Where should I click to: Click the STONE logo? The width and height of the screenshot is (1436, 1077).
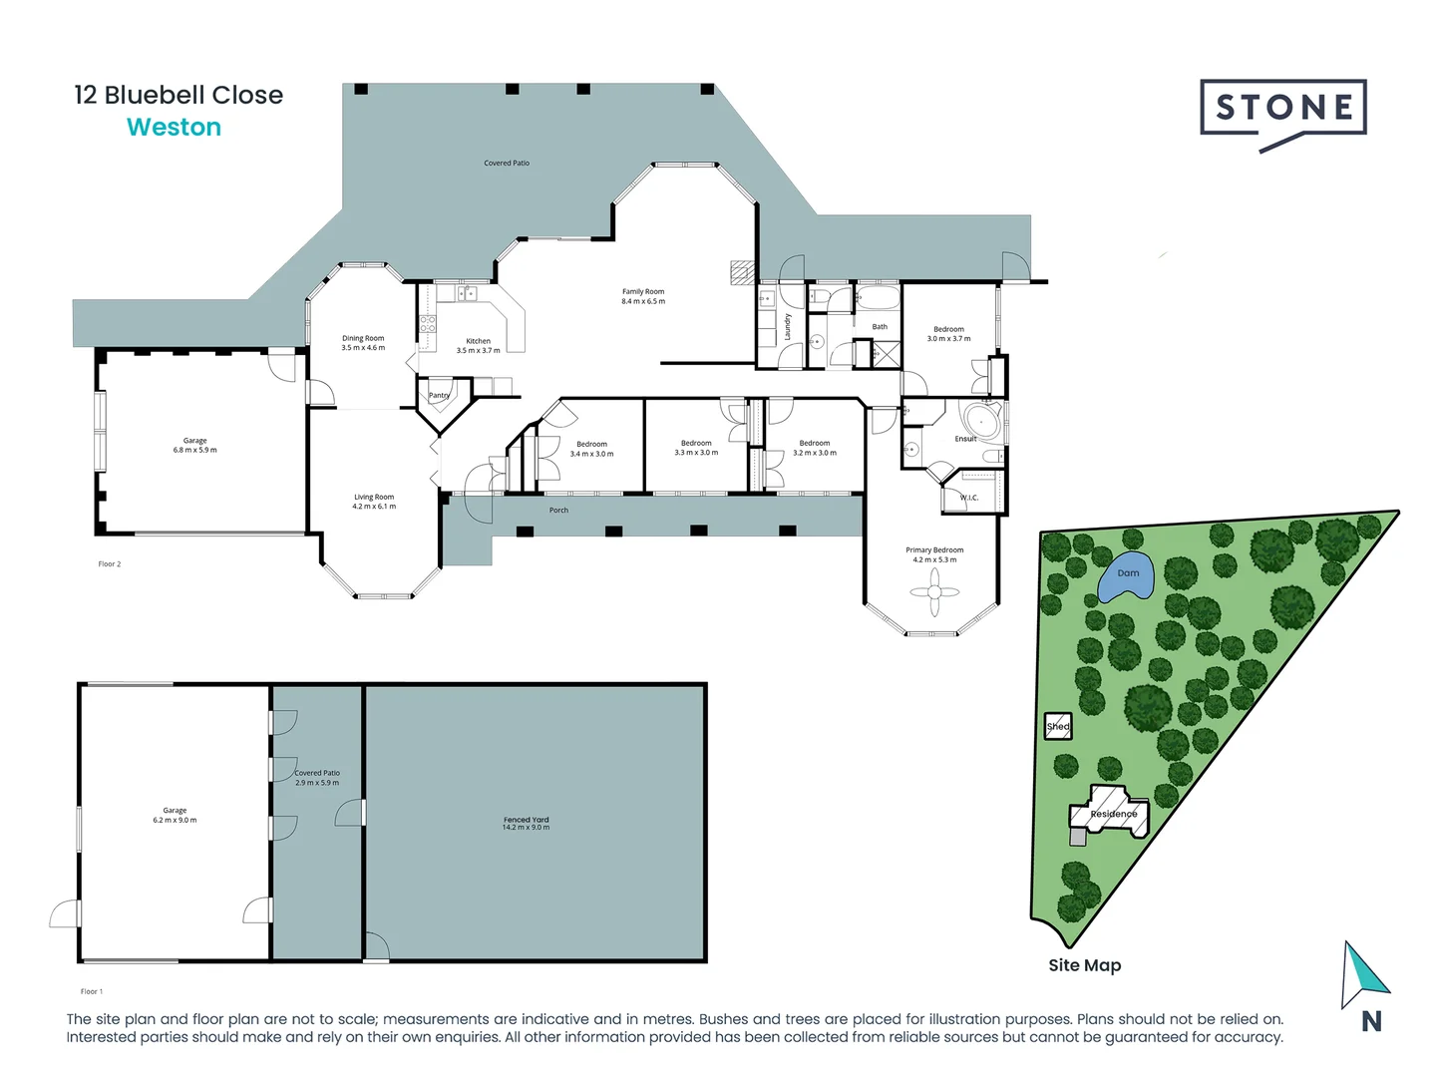(1283, 109)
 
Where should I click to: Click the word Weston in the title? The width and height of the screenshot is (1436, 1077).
(174, 128)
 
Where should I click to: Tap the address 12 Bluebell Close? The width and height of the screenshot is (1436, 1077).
(179, 95)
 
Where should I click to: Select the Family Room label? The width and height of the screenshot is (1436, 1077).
(643, 296)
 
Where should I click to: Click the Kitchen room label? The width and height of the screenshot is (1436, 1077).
(479, 345)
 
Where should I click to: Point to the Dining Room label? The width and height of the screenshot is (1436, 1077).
(363, 343)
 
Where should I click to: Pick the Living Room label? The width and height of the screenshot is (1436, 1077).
(374, 501)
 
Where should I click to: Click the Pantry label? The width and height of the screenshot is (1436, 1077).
(439, 395)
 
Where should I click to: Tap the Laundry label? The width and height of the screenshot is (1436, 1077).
(787, 326)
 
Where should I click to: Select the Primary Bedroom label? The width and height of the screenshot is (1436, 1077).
(934, 554)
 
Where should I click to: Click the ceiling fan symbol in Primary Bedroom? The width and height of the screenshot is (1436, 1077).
(934, 593)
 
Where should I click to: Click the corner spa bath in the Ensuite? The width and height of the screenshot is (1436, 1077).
(981, 420)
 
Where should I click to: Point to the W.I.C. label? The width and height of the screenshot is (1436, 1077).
(969, 498)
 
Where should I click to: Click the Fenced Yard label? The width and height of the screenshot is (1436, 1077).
(526, 823)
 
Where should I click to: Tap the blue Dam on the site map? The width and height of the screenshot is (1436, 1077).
(1127, 576)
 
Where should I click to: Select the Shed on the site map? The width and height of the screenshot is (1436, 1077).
(1058, 726)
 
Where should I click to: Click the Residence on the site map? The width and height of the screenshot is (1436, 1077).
(1112, 813)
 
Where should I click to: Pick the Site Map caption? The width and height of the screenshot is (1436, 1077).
(1084, 965)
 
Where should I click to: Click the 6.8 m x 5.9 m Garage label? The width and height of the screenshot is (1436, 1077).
(194, 445)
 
